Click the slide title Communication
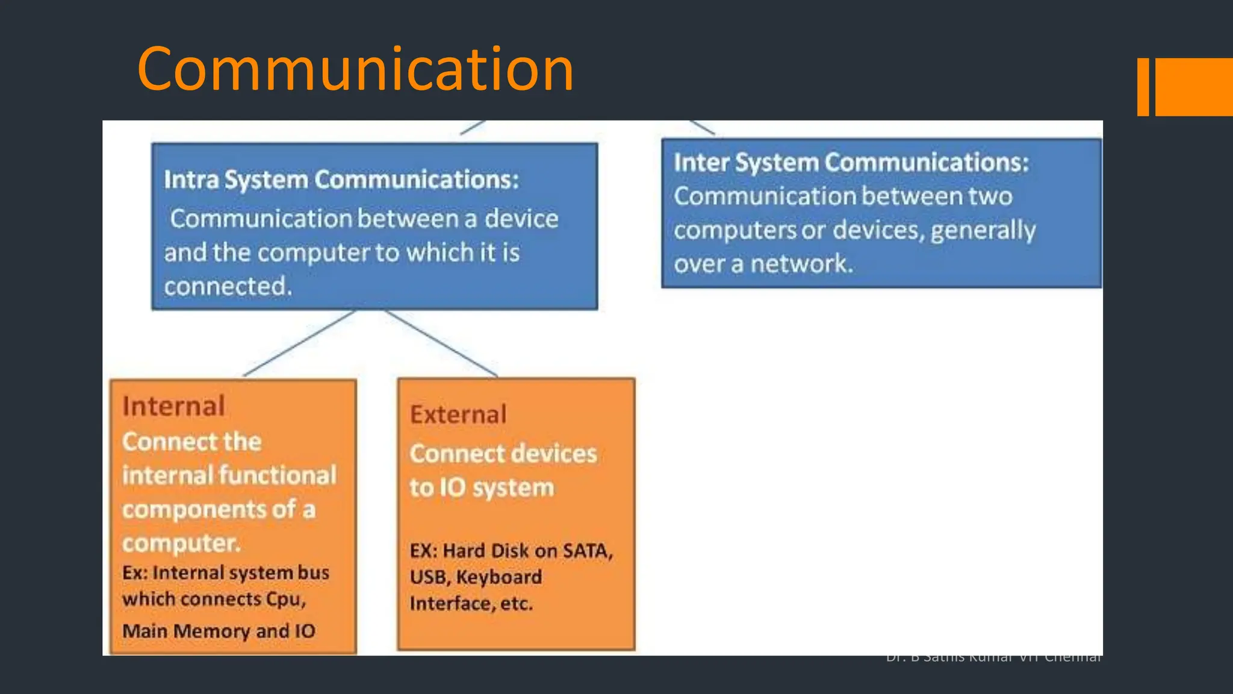point(355,69)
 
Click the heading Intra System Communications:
point(341,180)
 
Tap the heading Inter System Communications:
point(851,162)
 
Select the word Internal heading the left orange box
point(173,406)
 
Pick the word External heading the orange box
point(458,414)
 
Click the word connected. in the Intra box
point(228,286)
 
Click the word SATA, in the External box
point(588,551)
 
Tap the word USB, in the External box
point(430,577)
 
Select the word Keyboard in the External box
point(499,577)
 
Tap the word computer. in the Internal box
point(181,543)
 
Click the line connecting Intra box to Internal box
point(299,343)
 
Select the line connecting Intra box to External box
point(441,343)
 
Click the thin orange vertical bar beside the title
point(1143,87)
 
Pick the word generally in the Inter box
point(983,230)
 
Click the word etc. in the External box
point(516,604)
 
